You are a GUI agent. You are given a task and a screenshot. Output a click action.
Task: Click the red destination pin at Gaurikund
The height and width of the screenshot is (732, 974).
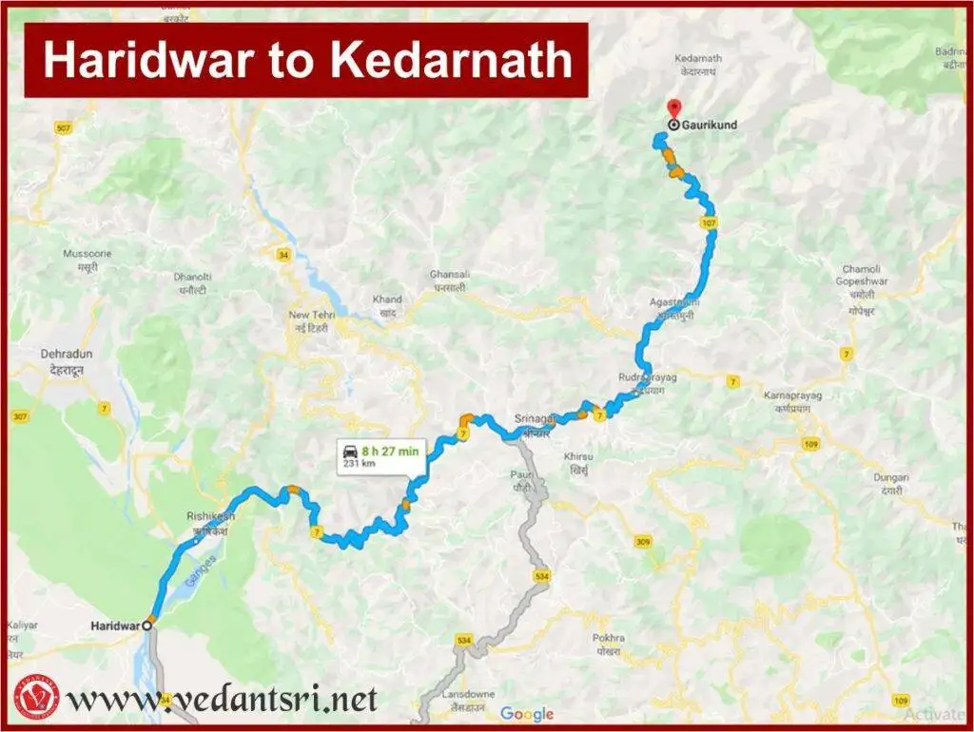click(673, 108)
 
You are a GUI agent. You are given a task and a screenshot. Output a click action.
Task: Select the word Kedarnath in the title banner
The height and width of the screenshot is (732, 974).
click(453, 61)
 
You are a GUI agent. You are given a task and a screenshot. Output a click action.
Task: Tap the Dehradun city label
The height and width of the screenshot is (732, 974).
click(64, 360)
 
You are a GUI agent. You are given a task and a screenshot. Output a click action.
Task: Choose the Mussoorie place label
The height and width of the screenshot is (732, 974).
click(87, 260)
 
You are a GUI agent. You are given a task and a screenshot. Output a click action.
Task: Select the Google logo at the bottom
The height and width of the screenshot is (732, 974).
click(527, 713)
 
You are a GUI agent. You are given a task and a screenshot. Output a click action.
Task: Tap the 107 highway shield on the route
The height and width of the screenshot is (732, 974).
click(707, 222)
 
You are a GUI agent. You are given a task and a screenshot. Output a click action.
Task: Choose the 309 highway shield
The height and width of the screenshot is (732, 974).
click(644, 541)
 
